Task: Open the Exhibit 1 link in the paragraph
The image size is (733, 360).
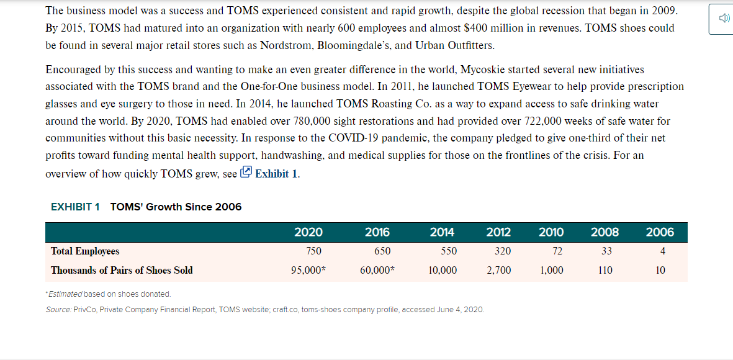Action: pyautogui.click(x=269, y=173)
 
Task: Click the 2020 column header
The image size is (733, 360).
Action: pyautogui.click(x=308, y=232)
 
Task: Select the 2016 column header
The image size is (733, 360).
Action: pyautogui.click(x=377, y=232)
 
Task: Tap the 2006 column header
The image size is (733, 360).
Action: pyautogui.click(x=660, y=232)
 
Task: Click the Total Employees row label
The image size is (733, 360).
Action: pyautogui.click(x=85, y=251)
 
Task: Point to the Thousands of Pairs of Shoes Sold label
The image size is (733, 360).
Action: pyautogui.click(x=122, y=270)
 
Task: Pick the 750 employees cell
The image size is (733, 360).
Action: pyautogui.click(x=313, y=251)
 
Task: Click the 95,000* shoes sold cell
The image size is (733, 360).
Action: pyautogui.click(x=307, y=270)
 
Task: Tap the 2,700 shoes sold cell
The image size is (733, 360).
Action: pyautogui.click(x=498, y=270)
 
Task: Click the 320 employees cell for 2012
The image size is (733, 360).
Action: pyautogui.click(x=503, y=251)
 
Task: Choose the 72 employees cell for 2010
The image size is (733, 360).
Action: pyautogui.click(x=557, y=251)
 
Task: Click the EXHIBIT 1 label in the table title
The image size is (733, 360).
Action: pyautogui.click(x=75, y=207)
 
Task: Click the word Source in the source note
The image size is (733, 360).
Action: pyautogui.click(x=58, y=310)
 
